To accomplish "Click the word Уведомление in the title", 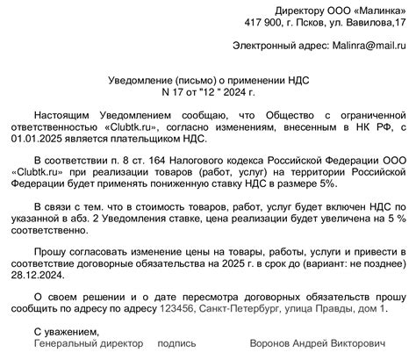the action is (138, 79).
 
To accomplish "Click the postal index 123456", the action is (176, 310).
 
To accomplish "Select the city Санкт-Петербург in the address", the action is (239, 310).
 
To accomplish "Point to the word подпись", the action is (177, 345).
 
